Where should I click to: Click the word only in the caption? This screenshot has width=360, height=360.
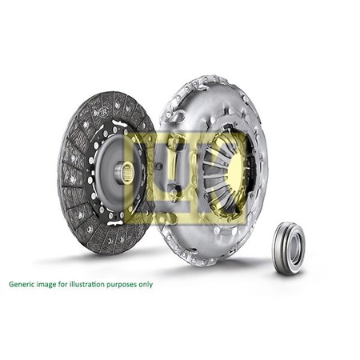coord(145,284)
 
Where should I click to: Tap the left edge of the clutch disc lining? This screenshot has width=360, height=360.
coord(60,172)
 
